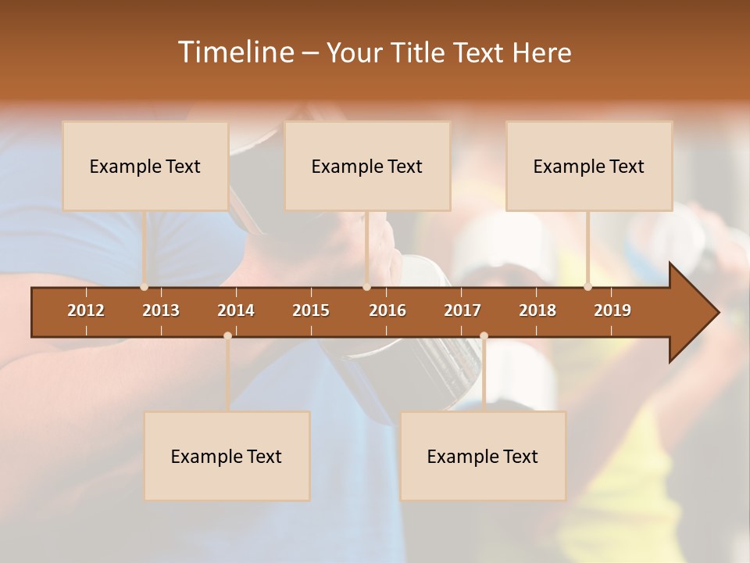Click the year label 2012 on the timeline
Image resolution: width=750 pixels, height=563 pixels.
(86, 310)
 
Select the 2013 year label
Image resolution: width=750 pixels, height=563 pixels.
(161, 310)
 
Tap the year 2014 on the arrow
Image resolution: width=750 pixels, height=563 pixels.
(236, 310)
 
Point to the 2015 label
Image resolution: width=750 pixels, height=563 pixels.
(311, 310)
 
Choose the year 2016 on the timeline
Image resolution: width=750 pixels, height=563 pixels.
(387, 310)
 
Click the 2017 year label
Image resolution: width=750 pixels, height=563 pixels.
(462, 310)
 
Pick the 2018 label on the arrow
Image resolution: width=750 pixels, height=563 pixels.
(537, 310)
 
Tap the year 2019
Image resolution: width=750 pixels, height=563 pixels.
(612, 310)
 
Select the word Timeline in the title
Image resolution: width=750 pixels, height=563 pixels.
(235, 52)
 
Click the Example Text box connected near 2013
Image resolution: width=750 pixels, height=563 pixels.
(145, 166)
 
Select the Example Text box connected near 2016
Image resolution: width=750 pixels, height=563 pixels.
(367, 166)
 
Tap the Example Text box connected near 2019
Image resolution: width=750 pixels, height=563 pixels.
(589, 166)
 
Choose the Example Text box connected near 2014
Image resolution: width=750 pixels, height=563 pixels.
(227, 456)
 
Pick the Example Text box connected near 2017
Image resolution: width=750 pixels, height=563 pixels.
(483, 456)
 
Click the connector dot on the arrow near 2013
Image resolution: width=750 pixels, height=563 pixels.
(144, 287)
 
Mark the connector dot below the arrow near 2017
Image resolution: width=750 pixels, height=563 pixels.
(484, 336)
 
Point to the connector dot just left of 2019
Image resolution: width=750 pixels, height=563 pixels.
(587, 287)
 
